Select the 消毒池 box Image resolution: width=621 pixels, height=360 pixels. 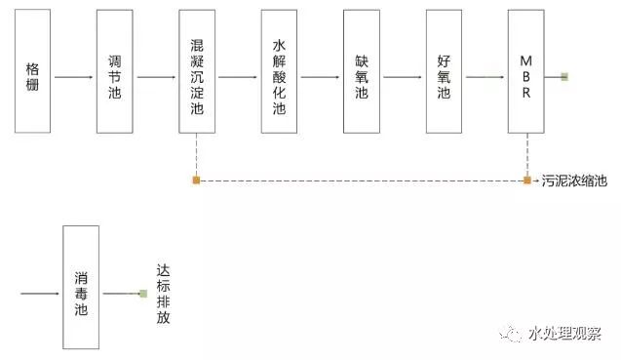(x=81, y=288)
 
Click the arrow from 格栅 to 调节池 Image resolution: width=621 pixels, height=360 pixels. (x=74, y=76)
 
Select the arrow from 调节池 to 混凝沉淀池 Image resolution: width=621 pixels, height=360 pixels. (x=156, y=76)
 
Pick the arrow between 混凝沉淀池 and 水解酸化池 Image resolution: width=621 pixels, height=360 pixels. (x=238, y=76)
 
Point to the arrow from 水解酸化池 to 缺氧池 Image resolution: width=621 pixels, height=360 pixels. (x=320, y=76)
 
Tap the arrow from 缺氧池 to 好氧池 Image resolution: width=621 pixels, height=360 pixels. (x=403, y=76)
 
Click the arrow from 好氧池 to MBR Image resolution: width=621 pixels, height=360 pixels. (x=485, y=76)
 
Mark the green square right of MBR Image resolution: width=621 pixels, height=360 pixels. (x=564, y=76)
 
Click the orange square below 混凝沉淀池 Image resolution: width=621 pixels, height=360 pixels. (x=197, y=180)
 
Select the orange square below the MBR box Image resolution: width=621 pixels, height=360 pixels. (x=526, y=180)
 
